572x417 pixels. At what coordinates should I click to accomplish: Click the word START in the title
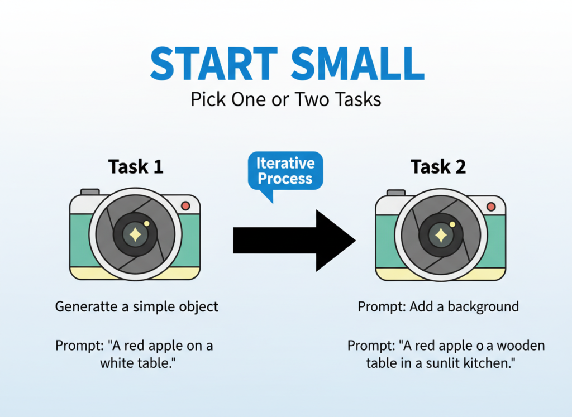214,64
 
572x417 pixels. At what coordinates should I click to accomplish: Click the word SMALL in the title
358,64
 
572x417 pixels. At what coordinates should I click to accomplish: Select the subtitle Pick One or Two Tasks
286,99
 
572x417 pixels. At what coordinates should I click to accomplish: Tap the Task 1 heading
136,166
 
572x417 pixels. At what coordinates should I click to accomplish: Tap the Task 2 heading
438,166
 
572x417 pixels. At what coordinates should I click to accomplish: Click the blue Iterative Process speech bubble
285,172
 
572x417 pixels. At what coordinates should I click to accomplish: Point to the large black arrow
294,241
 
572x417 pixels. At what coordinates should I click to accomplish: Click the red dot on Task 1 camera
185,205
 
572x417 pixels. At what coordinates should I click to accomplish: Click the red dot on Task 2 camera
491,207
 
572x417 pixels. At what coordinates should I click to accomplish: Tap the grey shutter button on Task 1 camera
90,192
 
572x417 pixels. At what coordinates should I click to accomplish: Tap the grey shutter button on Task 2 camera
396,193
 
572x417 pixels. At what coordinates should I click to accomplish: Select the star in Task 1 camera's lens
135,235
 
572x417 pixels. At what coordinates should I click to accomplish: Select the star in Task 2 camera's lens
441,236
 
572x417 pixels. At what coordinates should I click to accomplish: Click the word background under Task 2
483,307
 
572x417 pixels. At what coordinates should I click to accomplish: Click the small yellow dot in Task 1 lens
147,223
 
